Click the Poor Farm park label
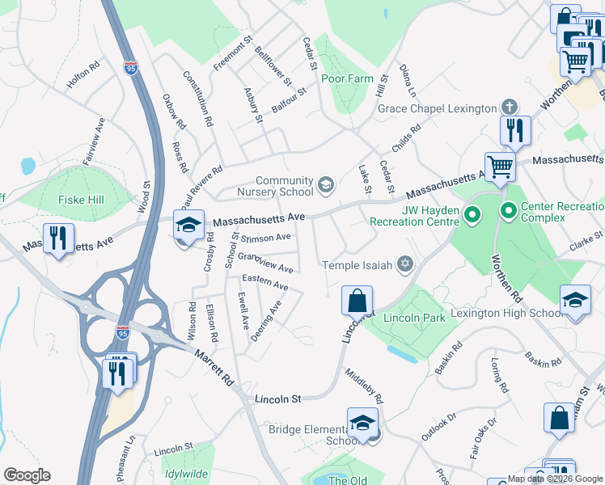[347, 78]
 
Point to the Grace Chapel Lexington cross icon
[510, 108]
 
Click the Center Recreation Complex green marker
[509, 214]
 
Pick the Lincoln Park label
[414, 318]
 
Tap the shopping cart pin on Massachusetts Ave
[501, 167]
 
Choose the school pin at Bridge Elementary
[363, 422]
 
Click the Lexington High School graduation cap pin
[575, 301]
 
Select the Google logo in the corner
[27, 475]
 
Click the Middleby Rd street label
[363, 387]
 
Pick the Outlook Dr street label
[439, 427]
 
